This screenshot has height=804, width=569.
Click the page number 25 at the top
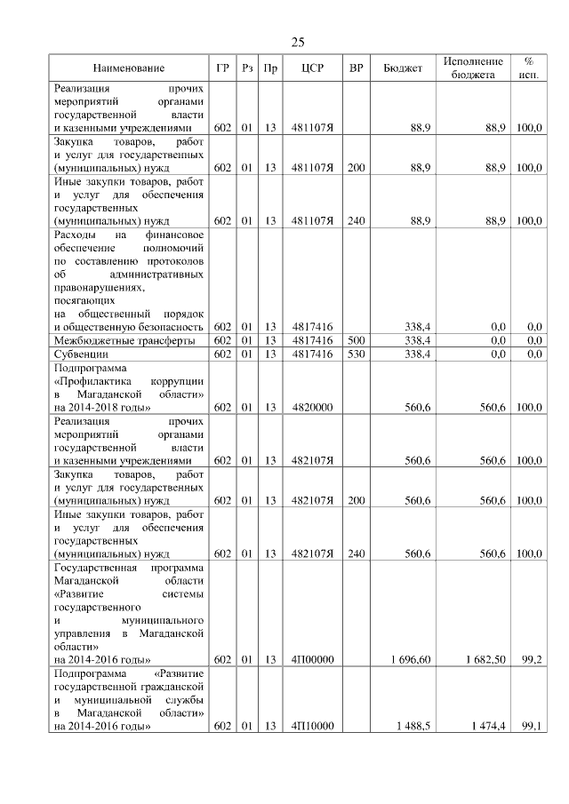298,42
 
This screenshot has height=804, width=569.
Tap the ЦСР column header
311,68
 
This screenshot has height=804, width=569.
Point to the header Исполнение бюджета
472,68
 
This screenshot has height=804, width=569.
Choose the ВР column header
356,68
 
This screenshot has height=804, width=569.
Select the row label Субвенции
81,354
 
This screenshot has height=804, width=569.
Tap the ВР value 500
356,340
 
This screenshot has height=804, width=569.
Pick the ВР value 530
356,354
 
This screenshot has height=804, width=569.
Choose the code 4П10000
311,726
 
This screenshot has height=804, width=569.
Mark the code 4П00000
311,659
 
